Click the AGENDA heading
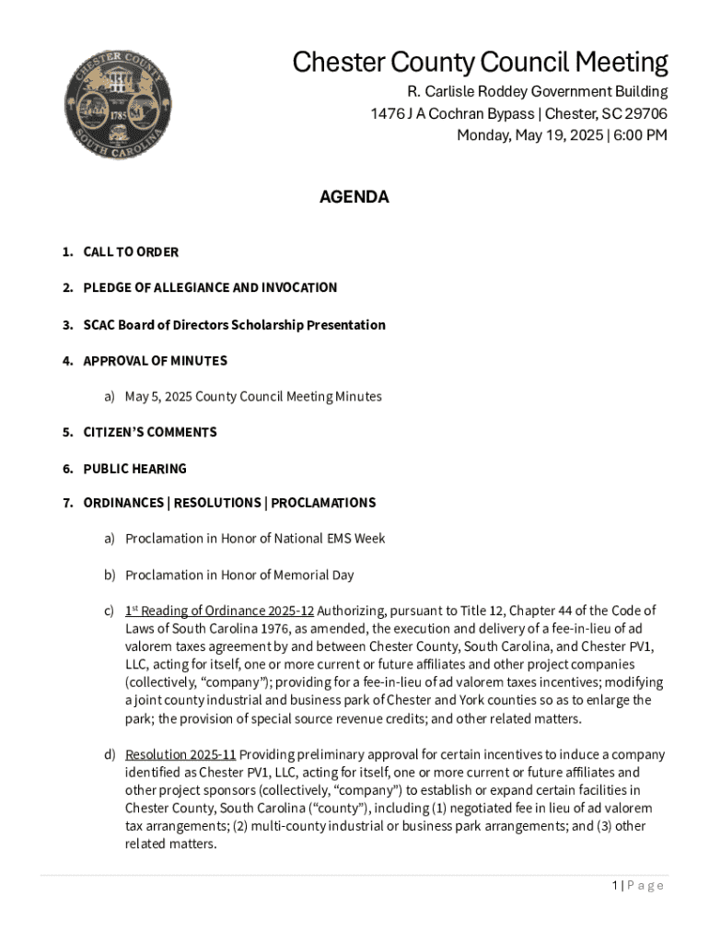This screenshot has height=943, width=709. coord(354,197)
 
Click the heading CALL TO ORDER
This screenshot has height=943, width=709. coord(131,252)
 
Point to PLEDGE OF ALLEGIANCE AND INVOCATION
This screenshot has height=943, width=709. coord(210,288)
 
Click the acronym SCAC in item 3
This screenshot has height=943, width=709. coord(99,325)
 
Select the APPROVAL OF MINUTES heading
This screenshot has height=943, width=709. coord(155,361)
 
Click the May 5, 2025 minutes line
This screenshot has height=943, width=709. coord(252,397)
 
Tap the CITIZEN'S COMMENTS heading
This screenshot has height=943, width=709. coord(150,433)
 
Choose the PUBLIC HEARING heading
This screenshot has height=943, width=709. coord(134,469)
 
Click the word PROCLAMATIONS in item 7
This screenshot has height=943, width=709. coord(323,503)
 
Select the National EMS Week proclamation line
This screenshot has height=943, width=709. coord(255,539)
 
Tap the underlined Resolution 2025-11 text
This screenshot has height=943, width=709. coord(180,755)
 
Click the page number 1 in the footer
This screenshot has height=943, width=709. coord(614,886)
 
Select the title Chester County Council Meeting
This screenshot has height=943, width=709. coord(480,63)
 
